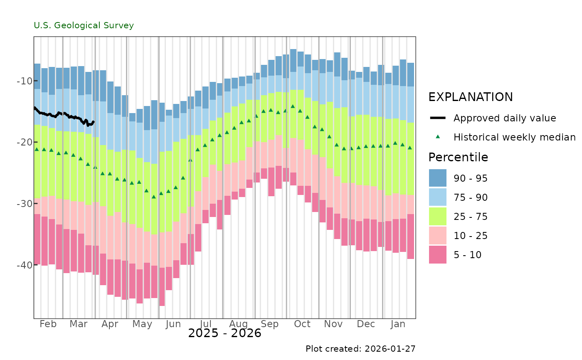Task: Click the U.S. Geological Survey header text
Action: tap(84, 25)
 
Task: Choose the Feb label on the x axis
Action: tap(48, 324)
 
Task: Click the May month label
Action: tap(142, 324)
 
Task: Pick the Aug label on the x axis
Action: tap(238, 324)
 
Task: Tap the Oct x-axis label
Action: tap(302, 324)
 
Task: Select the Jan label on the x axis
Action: tap(398, 324)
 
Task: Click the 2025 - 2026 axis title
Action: tap(224, 333)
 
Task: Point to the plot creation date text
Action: tap(360, 349)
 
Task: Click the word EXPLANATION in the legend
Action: tap(471, 97)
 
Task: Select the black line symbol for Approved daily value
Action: tap(437, 118)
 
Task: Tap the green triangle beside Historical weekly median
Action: tap(437, 137)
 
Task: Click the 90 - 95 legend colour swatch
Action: tap(437, 178)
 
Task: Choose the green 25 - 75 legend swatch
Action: tap(437, 216)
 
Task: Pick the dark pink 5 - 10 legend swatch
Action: tap(437, 254)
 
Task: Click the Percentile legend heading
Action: tap(458, 157)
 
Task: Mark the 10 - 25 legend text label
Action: tap(471, 236)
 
